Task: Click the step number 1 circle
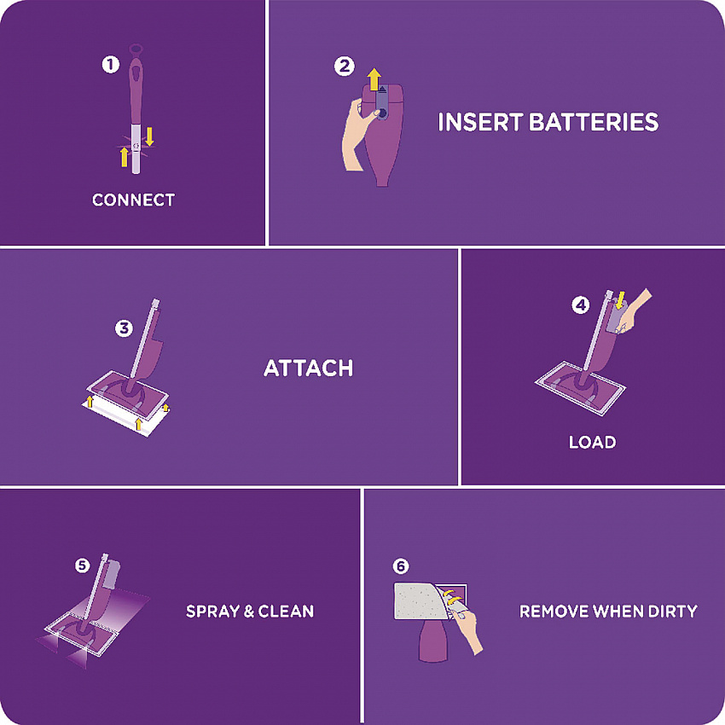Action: coord(111,64)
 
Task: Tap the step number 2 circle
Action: coord(345,67)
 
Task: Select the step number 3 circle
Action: coord(124,328)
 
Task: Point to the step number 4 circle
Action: coord(580,304)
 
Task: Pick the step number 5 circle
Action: coord(82,565)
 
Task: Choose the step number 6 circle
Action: coord(401,566)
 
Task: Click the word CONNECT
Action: coord(133,200)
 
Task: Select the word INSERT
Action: coord(480,122)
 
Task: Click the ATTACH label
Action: coord(309,368)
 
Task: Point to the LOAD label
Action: coord(592,442)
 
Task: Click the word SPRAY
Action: coord(212,612)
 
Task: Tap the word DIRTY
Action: coord(673,612)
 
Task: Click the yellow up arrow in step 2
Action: coord(374,79)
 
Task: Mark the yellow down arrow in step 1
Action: coord(149,136)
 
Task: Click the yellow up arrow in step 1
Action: coord(124,157)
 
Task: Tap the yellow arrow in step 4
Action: coord(620,299)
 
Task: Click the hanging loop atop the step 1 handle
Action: coord(136,49)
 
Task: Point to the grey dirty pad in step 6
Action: coord(419,601)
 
